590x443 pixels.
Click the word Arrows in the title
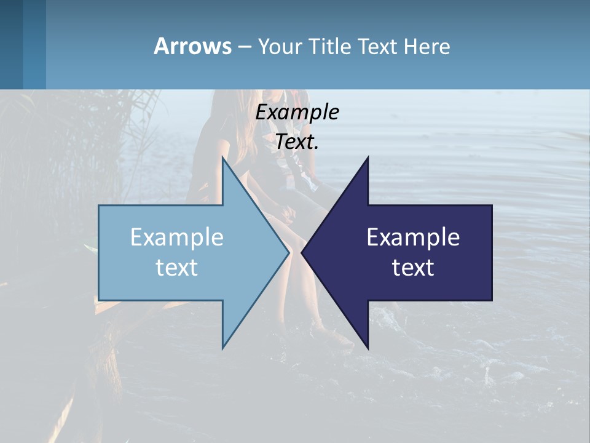pos(192,46)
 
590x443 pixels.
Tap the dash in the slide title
pos(244,47)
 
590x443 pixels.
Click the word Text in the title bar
pos(378,47)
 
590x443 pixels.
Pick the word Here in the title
pos(427,47)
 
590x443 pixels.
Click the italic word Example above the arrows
pos(297,113)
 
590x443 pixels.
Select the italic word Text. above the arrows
pos(297,142)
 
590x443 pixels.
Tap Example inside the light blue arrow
pos(177,237)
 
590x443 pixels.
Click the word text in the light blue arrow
pos(177,268)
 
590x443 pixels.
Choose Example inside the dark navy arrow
pos(413,237)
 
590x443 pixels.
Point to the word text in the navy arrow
pos(413,268)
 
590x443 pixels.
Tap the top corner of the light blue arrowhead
pos(222,158)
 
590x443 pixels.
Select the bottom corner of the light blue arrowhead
pos(222,348)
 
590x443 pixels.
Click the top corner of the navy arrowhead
pos(368,158)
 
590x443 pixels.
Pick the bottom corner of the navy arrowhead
pos(368,348)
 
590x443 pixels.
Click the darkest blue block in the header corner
pos(11,44)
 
